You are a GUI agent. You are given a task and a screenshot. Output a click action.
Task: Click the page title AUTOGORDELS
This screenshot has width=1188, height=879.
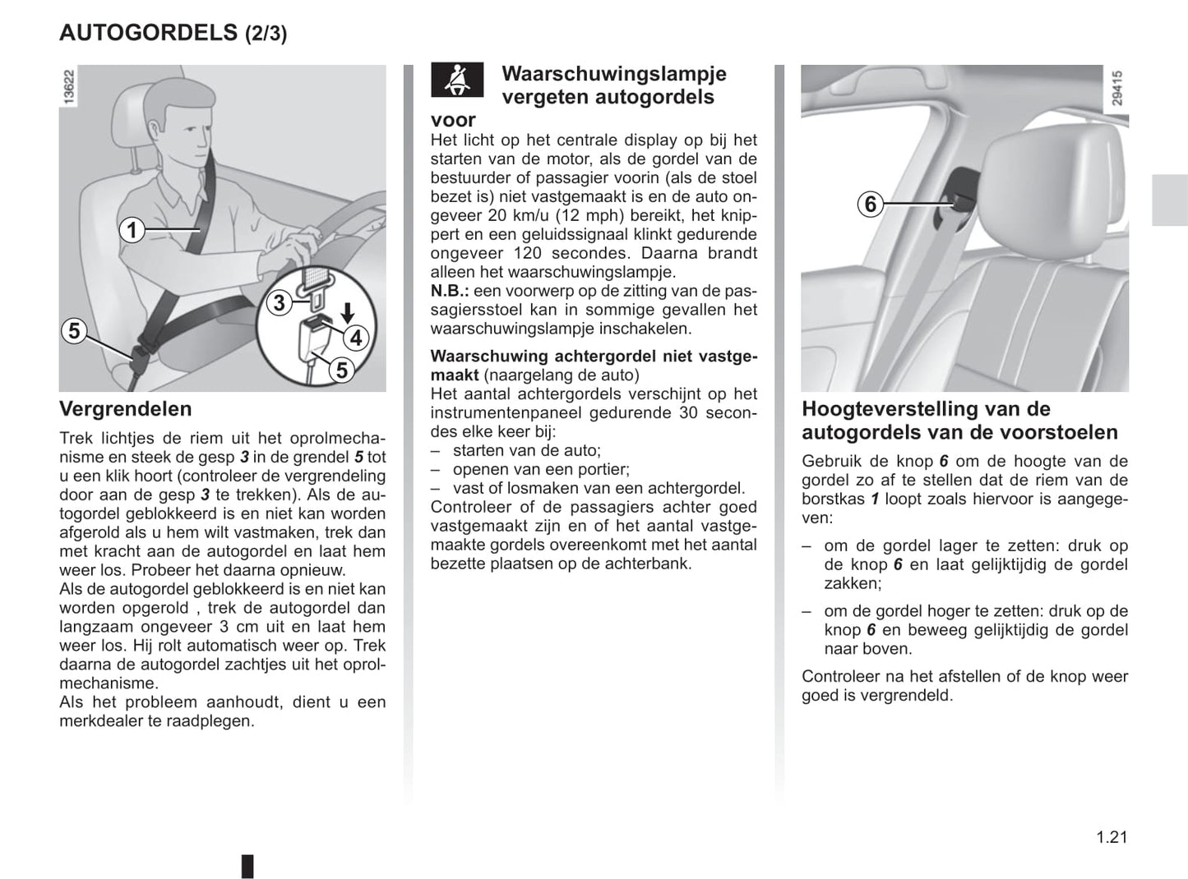coord(148,33)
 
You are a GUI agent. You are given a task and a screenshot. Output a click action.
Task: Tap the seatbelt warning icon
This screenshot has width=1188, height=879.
coord(457,81)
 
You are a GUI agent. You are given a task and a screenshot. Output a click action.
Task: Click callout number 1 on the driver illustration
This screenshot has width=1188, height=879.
coord(132,230)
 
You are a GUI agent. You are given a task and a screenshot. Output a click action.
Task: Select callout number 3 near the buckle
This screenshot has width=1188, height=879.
coord(280,303)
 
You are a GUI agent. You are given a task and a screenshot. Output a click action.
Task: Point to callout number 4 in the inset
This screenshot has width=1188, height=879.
coord(356,338)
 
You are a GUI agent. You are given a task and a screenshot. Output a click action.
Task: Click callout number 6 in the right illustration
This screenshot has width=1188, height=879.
coord(871,203)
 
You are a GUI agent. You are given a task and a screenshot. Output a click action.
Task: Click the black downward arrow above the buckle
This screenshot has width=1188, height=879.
coord(348,312)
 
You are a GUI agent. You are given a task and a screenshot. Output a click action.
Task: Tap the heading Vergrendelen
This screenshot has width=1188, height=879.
coord(125,409)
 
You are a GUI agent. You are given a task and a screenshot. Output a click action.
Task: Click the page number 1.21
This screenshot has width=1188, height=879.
coord(1111,837)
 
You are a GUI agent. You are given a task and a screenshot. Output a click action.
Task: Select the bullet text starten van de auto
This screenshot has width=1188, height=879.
coord(526,450)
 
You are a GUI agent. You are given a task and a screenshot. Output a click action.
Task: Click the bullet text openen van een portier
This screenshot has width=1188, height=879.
coord(540,469)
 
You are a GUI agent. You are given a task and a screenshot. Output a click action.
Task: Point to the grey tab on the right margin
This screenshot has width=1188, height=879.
coord(1169,200)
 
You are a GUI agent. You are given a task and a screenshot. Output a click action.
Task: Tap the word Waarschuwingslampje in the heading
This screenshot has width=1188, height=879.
coord(613,74)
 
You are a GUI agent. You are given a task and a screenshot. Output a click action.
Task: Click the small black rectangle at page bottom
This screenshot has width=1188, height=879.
coord(247,866)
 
